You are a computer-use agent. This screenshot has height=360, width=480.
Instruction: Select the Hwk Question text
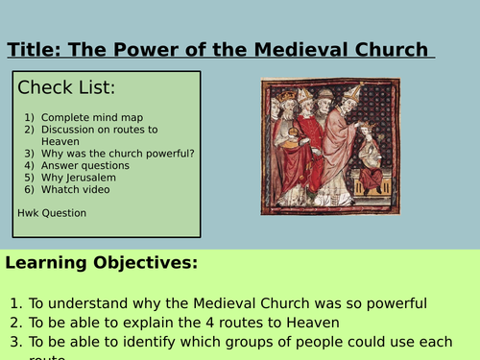(51, 212)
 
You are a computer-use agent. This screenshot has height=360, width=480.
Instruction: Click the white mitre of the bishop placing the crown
(351, 97)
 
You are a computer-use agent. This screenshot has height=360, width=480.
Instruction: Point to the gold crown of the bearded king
(285, 96)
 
